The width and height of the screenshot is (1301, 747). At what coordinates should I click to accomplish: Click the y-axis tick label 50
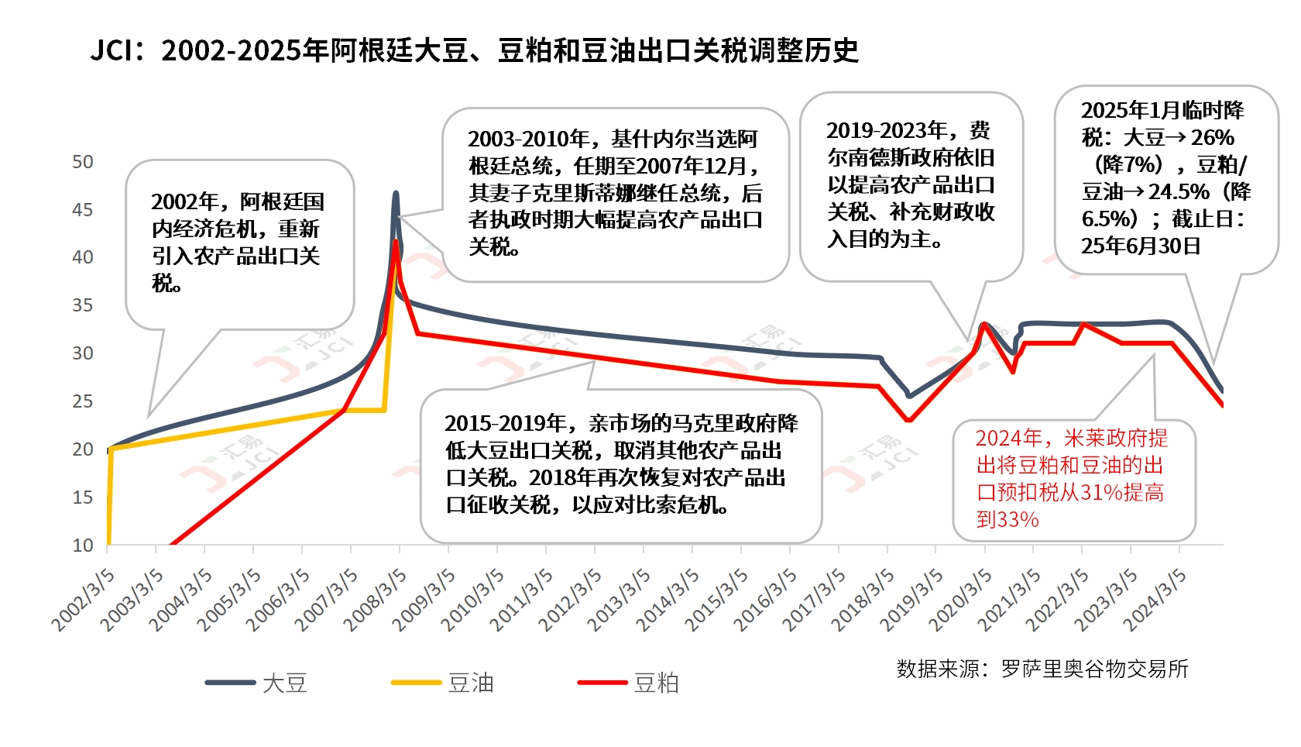tap(82, 162)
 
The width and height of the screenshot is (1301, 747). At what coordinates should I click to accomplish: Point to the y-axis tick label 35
tap(82, 305)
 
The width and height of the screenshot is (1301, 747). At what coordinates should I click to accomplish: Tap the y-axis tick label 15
tap(82, 497)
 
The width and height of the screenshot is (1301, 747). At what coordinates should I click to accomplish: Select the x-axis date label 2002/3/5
tap(84, 600)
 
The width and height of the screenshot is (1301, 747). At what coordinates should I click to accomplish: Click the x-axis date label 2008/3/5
tap(376, 600)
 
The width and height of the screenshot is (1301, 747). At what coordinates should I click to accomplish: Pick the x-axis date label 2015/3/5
tap(716, 600)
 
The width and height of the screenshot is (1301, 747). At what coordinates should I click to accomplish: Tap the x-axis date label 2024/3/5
tap(1155, 600)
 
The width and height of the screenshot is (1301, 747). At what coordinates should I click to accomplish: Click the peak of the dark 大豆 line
tap(396, 193)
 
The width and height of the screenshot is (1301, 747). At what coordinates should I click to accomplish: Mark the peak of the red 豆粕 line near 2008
tap(396, 241)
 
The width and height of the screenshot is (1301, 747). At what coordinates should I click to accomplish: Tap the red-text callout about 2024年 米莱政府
tap(1073, 479)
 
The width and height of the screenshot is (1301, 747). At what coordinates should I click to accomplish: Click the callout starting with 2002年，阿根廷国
tap(239, 243)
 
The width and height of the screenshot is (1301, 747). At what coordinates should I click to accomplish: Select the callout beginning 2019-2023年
tap(911, 184)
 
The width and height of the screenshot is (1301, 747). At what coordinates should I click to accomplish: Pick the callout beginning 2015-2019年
tap(620, 464)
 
